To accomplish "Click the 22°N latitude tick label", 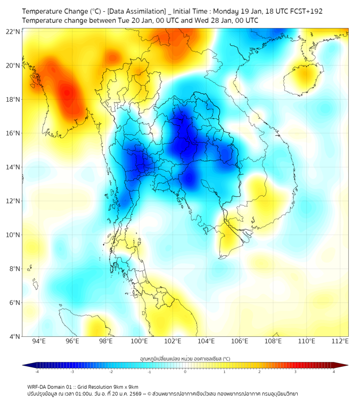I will [13, 31].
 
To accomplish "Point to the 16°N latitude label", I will [13, 133].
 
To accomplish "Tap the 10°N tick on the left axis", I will [13, 235].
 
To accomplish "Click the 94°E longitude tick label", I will [39, 341].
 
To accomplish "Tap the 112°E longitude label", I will [340, 341].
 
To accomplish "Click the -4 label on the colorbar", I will [36, 371].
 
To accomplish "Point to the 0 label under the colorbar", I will [185, 371].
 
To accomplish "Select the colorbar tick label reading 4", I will [334, 371].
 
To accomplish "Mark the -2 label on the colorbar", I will [111, 371].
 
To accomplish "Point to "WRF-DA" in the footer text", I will [37, 386].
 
